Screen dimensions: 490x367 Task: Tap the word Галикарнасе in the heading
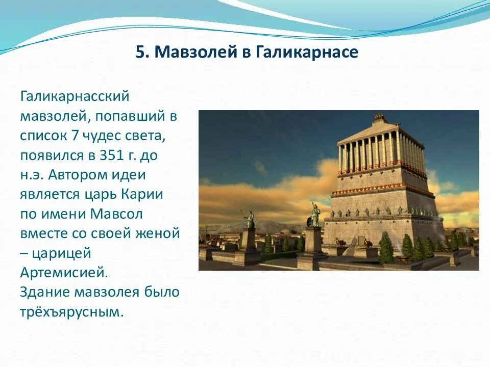tap(307, 53)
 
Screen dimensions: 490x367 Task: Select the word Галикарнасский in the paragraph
tap(75, 96)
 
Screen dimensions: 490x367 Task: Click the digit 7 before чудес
tap(75, 136)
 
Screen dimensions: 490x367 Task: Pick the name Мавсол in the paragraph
tap(116, 214)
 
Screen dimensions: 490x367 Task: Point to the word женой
tap(158, 234)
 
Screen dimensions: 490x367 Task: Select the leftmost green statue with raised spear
tap(249, 219)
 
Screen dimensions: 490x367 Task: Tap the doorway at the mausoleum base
tap(360, 242)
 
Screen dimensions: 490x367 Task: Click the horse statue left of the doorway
tap(339, 242)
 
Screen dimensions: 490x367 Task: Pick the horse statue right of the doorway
tap(368, 243)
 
